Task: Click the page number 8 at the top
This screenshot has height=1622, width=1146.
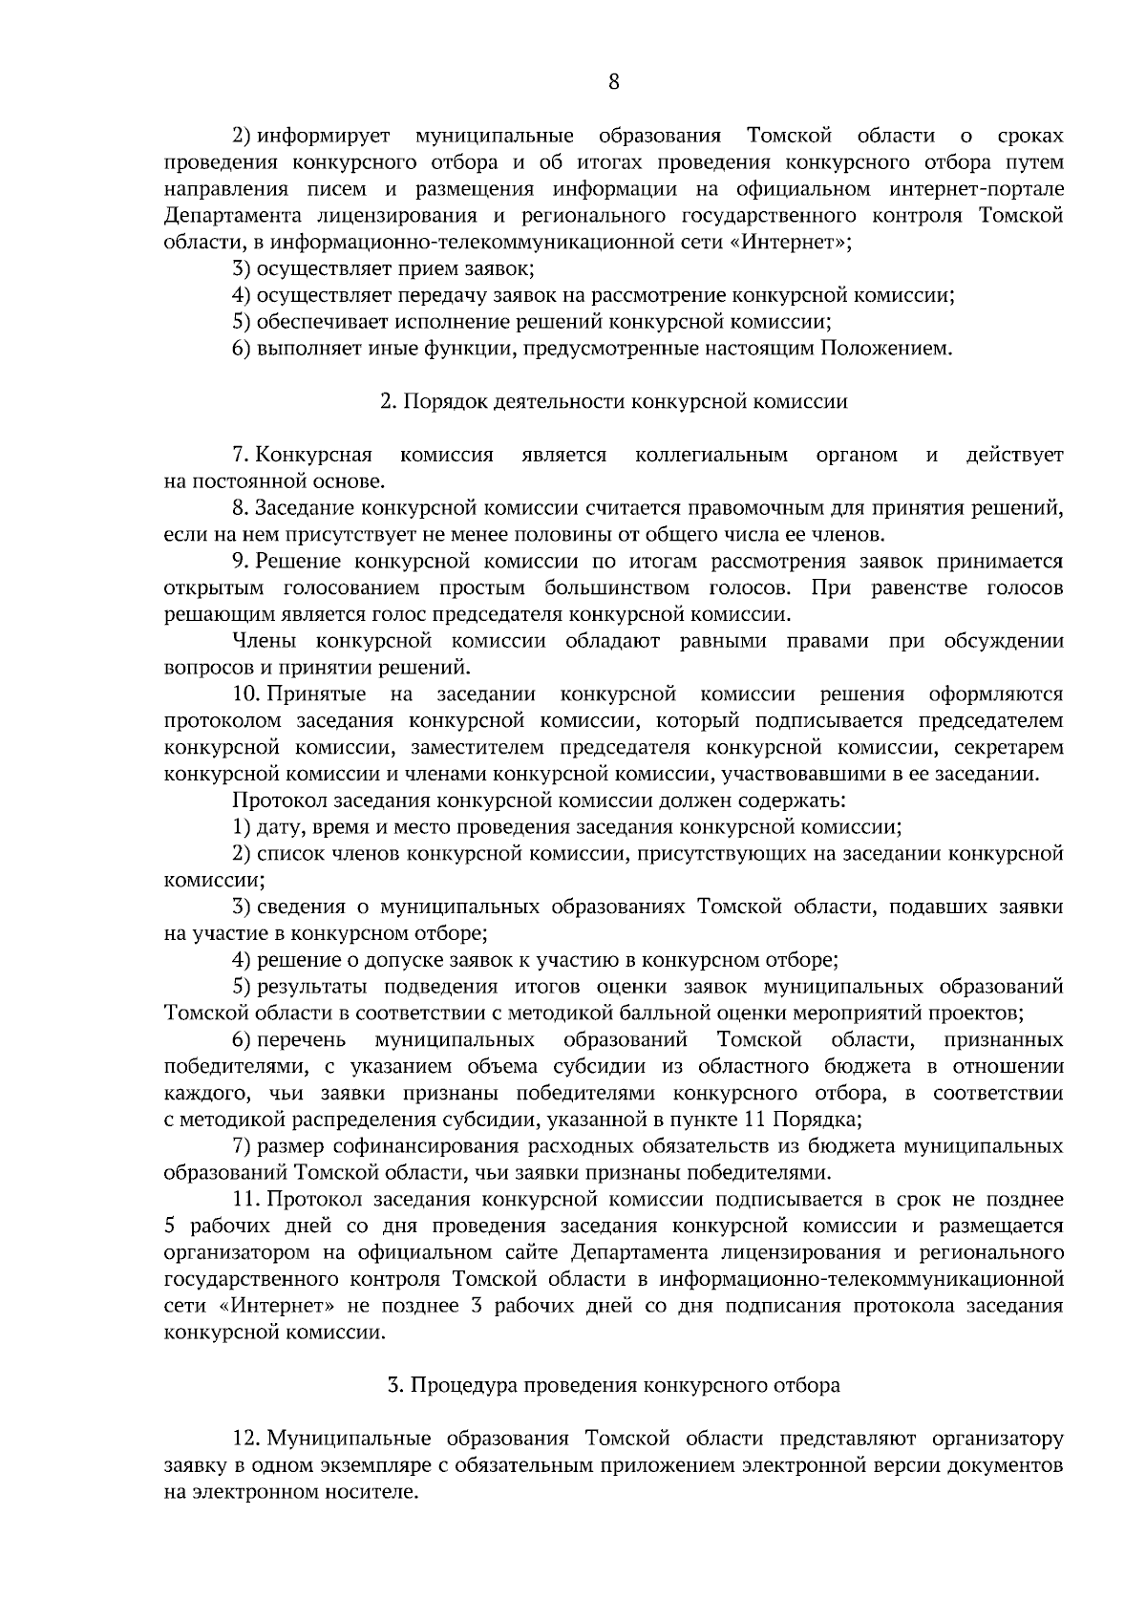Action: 613,82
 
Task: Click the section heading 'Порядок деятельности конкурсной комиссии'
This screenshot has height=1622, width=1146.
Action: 613,402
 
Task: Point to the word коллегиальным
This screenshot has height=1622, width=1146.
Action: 711,455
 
